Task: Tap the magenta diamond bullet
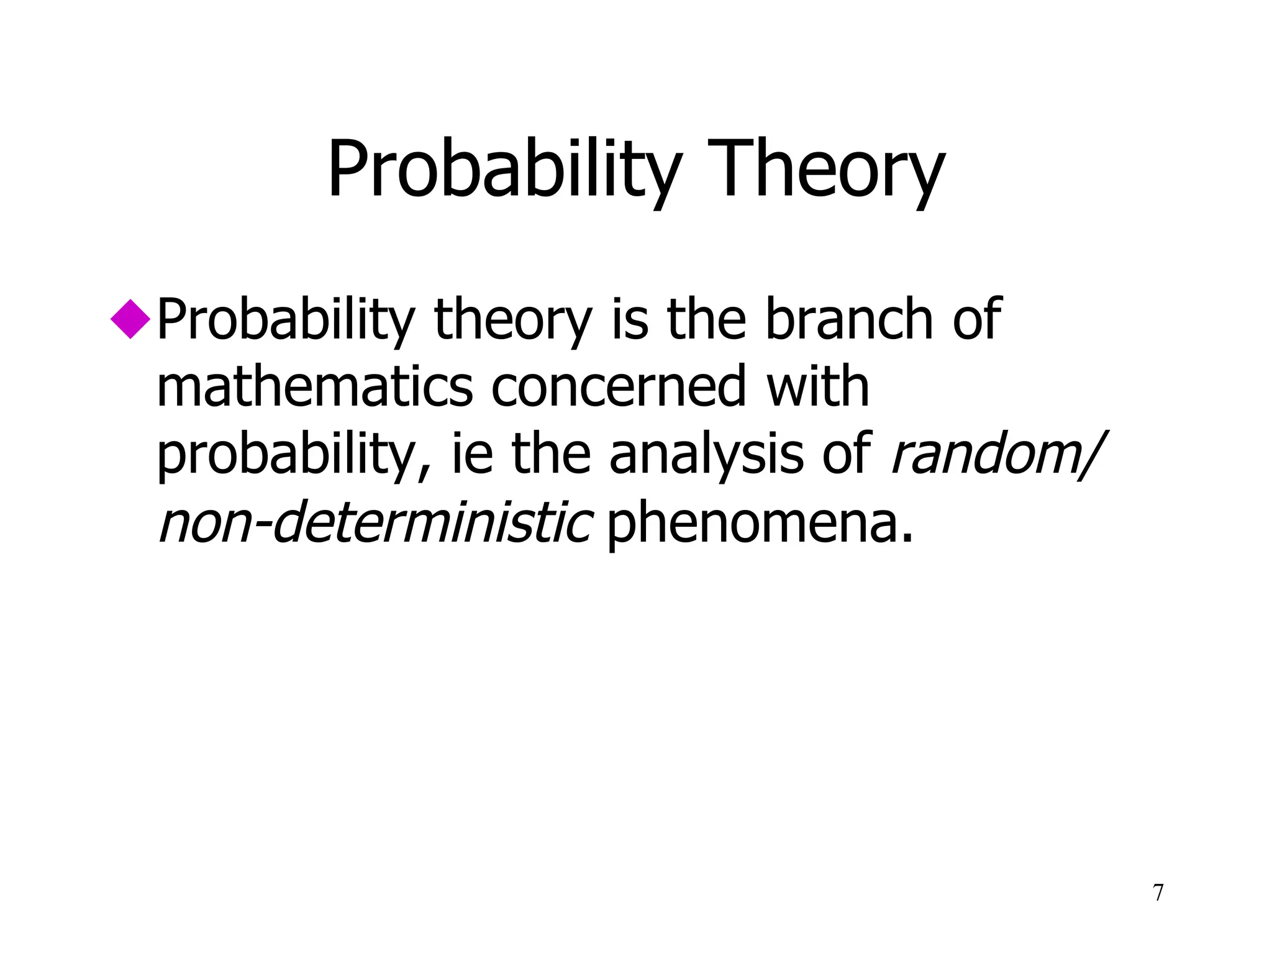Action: (x=130, y=319)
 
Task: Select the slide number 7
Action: (x=1158, y=893)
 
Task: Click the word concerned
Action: (x=618, y=387)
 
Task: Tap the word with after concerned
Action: (x=817, y=387)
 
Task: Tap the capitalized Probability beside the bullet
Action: (x=286, y=320)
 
